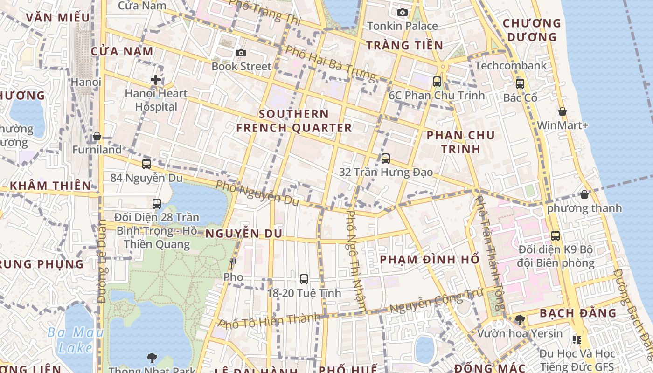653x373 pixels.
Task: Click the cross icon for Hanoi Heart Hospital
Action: tap(156, 80)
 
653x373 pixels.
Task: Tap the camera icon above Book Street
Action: tap(241, 53)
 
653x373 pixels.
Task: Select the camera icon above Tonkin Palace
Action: tap(403, 12)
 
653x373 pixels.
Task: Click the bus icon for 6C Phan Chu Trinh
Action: tap(437, 82)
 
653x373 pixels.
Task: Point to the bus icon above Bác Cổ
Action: tap(520, 84)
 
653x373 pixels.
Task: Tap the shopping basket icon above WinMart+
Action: tap(563, 111)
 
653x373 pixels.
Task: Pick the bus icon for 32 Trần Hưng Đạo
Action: tap(386, 159)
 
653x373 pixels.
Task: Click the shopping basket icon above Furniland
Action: tap(97, 136)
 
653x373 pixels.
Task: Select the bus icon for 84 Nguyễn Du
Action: tap(146, 164)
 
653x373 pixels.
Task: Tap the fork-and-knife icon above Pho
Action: tap(233, 263)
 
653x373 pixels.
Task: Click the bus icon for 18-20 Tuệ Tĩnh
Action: tap(304, 279)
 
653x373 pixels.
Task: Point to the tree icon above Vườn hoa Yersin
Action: tap(520, 320)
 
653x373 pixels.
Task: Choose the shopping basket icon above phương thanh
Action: tap(584, 194)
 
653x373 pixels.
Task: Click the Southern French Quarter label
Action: tap(294, 121)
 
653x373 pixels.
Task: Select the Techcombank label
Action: tap(511, 66)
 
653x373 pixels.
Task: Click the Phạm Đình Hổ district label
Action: tap(430, 259)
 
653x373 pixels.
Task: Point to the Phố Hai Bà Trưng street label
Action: tap(330, 62)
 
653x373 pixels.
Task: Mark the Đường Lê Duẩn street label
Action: tap(102, 261)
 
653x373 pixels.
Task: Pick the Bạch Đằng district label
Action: tap(578, 313)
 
